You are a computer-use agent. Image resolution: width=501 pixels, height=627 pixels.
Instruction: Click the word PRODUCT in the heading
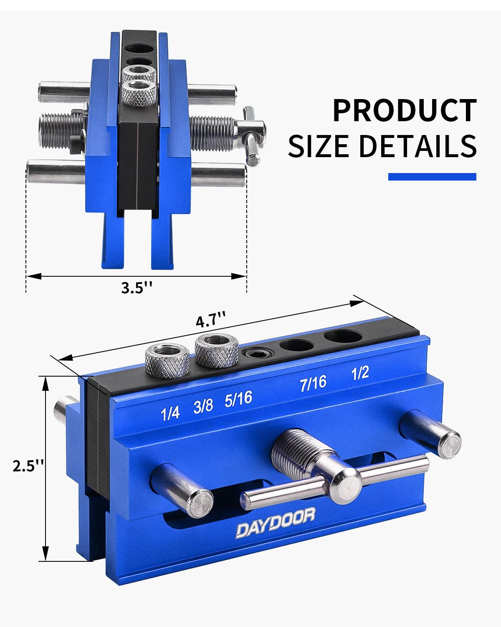click(x=404, y=110)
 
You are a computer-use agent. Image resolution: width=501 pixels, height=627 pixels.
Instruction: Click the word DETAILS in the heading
click(x=417, y=146)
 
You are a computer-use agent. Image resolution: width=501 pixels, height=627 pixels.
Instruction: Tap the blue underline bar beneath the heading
click(x=432, y=177)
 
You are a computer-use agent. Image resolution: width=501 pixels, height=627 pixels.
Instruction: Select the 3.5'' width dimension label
click(x=137, y=288)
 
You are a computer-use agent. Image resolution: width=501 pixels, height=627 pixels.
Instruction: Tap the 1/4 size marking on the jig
click(x=170, y=413)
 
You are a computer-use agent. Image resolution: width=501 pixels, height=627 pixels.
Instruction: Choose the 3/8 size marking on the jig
click(x=203, y=405)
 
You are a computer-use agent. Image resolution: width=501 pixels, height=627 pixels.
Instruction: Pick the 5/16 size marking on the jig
click(x=238, y=399)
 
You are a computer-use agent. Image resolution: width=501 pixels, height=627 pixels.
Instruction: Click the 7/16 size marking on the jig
click(x=313, y=383)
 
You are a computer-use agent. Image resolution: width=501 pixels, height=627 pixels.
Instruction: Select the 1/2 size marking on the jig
click(x=360, y=373)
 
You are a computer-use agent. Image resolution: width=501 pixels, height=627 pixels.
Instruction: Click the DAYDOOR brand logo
click(x=276, y=522)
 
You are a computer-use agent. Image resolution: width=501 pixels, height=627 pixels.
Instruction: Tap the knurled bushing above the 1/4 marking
click(x=167, y=359)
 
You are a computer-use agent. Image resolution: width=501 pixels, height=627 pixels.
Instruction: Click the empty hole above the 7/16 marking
click(x=296, y=345)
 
